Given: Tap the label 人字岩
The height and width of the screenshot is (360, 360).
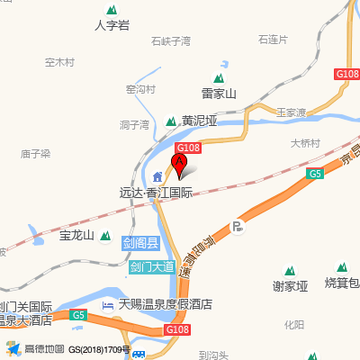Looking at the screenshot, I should (x=112, y=25).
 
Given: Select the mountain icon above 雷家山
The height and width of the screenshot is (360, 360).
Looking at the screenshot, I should (x=218, y=77).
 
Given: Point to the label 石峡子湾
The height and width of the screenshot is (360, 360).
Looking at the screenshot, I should (x=171, y=41).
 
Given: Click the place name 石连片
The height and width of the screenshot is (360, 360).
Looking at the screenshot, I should (x=272, y=40).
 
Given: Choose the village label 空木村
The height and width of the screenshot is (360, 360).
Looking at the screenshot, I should (x=59, y=62).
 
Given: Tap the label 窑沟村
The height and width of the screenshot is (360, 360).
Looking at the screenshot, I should (x=140, y=89).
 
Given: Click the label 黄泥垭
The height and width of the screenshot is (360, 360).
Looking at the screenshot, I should (x=200, y=121).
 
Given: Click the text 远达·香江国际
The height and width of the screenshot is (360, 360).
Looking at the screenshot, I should (x=156, y=192).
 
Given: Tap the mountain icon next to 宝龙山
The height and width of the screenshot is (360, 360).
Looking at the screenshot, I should (x=105, y=236).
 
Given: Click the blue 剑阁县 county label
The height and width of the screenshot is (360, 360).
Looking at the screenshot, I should (x=141, y=243).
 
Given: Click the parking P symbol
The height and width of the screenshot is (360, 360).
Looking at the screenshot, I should (x=238, y=227).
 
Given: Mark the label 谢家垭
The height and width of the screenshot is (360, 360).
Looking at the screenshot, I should (x=290, y=286).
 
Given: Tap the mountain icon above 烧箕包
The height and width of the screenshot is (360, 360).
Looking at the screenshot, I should (x=342, y=267).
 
